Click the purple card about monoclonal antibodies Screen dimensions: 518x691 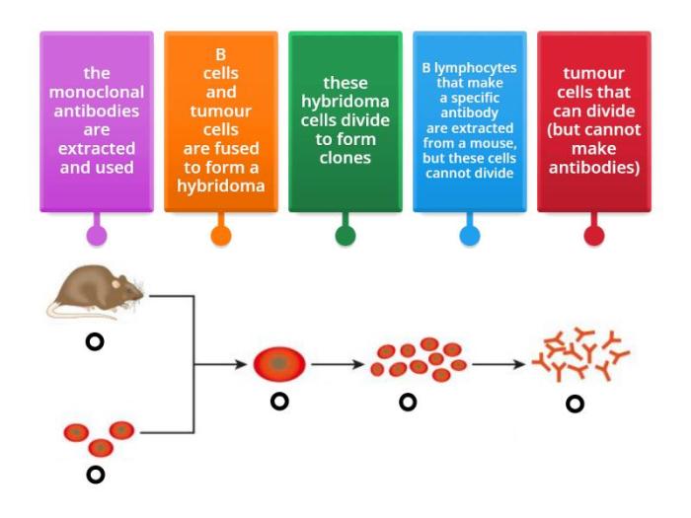97,120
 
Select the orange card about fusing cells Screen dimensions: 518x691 221,120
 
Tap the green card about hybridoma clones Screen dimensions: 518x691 345,120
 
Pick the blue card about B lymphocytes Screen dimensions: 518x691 470,120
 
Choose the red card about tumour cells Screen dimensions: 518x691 594,120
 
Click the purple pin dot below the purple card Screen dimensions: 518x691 97,236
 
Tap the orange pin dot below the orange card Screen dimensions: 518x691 221,236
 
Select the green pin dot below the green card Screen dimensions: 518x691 345,236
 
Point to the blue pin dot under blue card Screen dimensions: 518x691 470,236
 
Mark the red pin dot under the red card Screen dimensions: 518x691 594,236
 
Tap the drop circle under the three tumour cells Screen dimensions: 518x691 96,475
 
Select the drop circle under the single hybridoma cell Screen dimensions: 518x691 280,402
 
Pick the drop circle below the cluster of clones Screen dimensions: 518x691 407,402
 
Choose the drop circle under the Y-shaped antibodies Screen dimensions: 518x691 575,403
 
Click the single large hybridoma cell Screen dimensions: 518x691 279,364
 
